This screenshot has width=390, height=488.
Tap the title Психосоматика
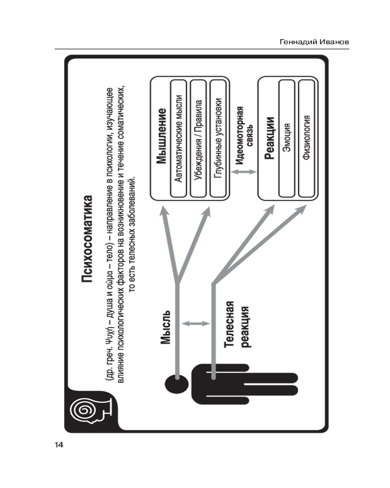[x=87, y=240]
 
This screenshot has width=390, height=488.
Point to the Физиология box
[x=307, y=139]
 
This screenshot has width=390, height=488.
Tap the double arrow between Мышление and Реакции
[x=243, y=172]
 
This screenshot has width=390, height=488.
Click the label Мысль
[x=165, y=327]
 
